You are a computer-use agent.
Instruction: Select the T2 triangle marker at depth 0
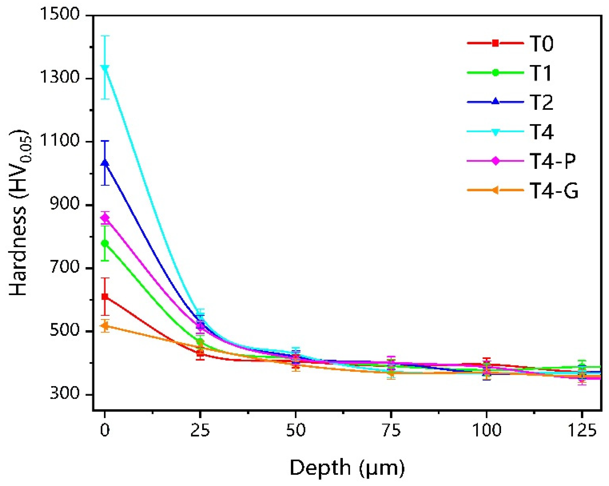pyautogui.click(x=105, y=163)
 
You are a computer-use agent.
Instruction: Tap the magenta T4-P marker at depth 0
pyautogui.click(x=105, y=218)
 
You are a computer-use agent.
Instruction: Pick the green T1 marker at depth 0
pyautogui.click(x=105, y=243)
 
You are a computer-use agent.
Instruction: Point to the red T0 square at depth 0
pyautogui.click(x=105, y=297)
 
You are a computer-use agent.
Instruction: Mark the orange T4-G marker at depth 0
pyautogui.click(x=105, y=326)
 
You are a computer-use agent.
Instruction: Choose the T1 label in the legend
pyautogui.click(x=540, y=73)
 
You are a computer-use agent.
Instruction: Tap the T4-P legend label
pyautogui.click(x=552, y=161)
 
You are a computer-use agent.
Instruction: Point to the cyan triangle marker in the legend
pyautogui.click(x=495, y=132)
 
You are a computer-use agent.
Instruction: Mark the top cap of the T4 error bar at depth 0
pyautogui.click(x=105, y=36)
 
